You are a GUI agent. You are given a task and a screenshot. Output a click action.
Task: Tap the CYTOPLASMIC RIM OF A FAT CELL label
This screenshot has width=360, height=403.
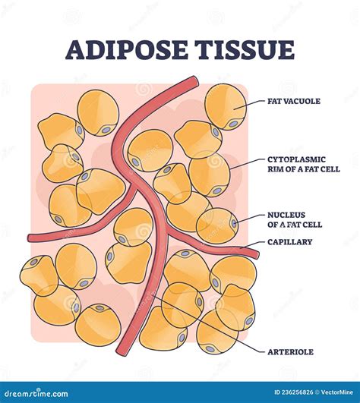[x=296, y=165]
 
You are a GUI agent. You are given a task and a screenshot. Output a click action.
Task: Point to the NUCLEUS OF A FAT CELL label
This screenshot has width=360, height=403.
[x=295, y=219]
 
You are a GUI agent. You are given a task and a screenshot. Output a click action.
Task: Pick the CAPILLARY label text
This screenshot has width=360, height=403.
[x=289, y=242]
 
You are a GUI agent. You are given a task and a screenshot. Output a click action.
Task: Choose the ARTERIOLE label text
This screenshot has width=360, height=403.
[x=289, y=351]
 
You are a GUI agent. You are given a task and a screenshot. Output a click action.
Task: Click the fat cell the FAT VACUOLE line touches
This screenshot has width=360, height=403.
[x=225, y=106]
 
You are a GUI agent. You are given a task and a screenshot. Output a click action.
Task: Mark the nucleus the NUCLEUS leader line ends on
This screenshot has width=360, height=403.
[x=234, y=223]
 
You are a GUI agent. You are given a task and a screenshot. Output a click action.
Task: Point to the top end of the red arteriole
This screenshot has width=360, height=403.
[x=194, y=80]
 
